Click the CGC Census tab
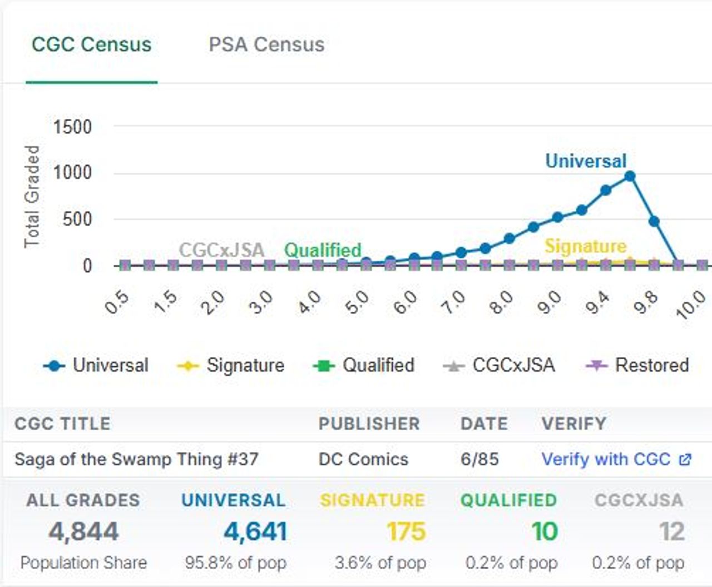tap(91, 44)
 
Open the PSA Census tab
tap(266, 44)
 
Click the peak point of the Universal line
tap(630, 176)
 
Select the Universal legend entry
tap(96, 365)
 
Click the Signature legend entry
tap(231, 365)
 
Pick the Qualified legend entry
tap(364, 365)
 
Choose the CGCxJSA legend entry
tap(499, 365)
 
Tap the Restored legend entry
tap(638, 365)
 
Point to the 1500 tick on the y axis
tap(72, 127)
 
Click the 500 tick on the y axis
tap(77, 219)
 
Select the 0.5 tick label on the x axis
tap(117, 303)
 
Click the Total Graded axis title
tap(32, 196)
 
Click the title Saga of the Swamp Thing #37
tap(136, 459)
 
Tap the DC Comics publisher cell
tap(363, 459)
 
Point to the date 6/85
tap(479, 459)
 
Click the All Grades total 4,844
tap(83, 531)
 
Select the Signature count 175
tap(406, 531)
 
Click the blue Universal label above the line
tap(586, 161)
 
